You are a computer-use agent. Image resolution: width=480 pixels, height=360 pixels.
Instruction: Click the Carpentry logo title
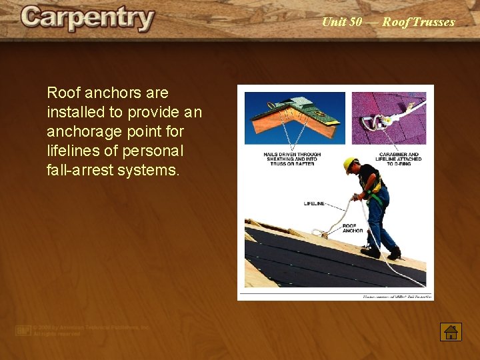click(x=87, y=19)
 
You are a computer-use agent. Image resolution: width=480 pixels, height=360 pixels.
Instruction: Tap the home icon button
click(x=451, y=331)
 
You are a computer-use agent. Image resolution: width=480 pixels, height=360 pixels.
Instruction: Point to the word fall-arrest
click(x=81, y=170)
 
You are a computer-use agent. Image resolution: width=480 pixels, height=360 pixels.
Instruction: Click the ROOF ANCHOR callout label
click(x=353, y=228)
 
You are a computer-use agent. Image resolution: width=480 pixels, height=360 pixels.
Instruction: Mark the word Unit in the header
click(x=333, y=22)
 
